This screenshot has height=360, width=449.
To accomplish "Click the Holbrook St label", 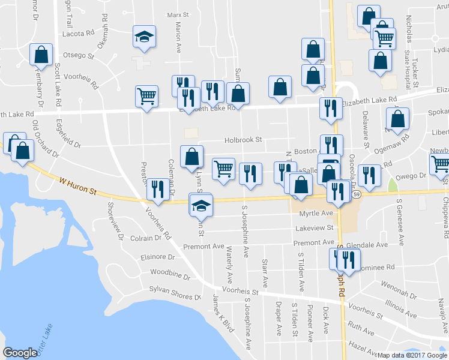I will click(x=243, y=139).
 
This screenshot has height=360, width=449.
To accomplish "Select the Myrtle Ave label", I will click(x=316, y=213).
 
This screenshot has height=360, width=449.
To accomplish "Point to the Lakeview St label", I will click(x=314, y=228).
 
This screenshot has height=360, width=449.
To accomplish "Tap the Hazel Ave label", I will click(x=364, y=349).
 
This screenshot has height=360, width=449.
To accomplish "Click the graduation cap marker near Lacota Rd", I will click(x=144, y=37).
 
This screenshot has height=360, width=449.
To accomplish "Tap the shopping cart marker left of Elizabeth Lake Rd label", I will click(x=146, y=95).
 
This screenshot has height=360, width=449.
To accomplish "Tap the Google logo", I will click(x=20, y=353).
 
